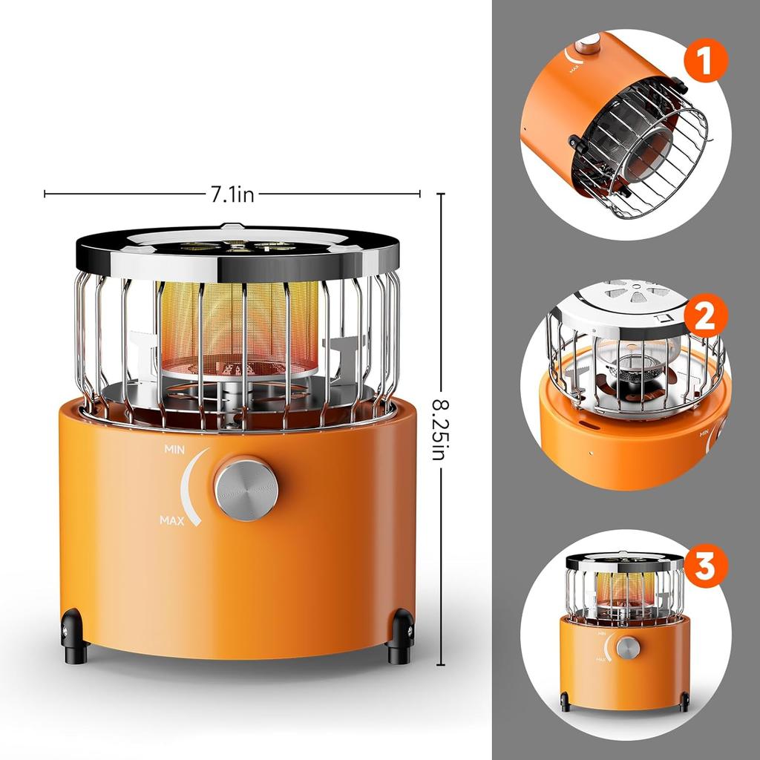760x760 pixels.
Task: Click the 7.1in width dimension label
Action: [x=232, y=194]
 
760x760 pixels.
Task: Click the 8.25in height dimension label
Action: [x=440, y=430]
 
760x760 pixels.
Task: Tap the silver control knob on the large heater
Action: [x=246, y=489]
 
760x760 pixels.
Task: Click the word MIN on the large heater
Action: [x=174, y=450]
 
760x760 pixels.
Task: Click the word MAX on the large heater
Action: [x=172, y=521]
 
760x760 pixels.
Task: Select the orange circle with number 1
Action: [x=705, y=61]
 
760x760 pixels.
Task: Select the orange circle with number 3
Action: [x=705, y=566]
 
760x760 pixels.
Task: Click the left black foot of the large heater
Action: [x=74, y=636]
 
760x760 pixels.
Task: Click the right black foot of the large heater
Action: [x=400, y=637]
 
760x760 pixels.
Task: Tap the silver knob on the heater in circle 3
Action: [x=628, y=648]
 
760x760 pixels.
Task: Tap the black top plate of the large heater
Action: [x=237, y=252]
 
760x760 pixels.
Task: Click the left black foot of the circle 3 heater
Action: [x=565, y=702]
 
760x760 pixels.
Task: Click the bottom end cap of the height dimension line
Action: [x=441, y=665]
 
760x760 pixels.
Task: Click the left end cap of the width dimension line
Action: [x=45, y=194]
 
